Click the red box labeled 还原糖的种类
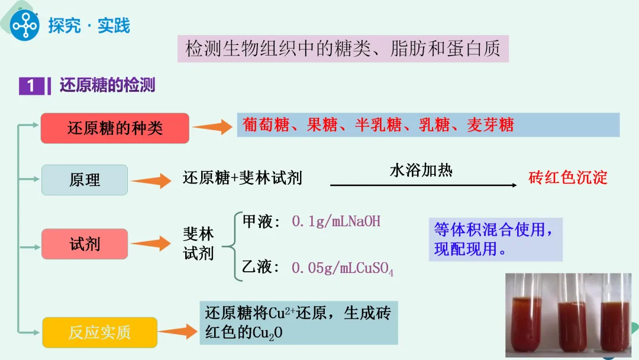tap(115, 128)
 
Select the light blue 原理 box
tap(85, 180)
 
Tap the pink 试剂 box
tap(85, 244)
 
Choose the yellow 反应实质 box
tap(99, 333)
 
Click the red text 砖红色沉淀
tap(567, 178)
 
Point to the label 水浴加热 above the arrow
tap(421, 171)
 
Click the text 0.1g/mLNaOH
tap(336, 221)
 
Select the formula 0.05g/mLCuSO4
tap(343, 268)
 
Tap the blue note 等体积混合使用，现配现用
tap(495, 239)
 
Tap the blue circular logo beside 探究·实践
tap(24, 25)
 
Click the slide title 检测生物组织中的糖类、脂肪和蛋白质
tap(343, 49)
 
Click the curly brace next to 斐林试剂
tap(233, 244)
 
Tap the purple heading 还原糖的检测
tap(107, 85)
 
